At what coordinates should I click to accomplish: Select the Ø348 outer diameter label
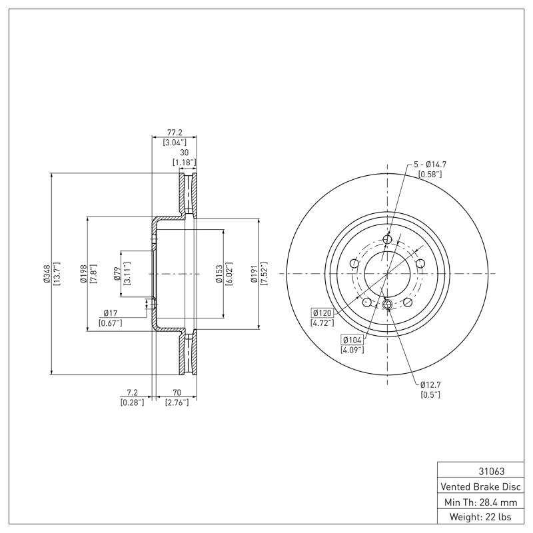pos(46,274)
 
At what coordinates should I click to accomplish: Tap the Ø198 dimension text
pos(81,274)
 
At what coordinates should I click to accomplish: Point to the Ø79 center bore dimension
pos(116,274)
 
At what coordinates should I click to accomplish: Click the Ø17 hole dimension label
pos(111,314)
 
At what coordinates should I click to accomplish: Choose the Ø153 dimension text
pos(218,274)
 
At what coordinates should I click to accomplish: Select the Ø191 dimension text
pos(253,274)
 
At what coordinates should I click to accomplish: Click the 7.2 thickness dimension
pos(132,393)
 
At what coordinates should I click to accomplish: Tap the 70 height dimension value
pos(177,393)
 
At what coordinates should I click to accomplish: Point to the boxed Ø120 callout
pos(323,312)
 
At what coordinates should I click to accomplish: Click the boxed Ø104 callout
pos(352,340)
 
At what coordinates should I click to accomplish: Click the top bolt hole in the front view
pos(387,240)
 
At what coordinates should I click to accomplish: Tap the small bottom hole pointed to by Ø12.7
pos(387,305)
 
